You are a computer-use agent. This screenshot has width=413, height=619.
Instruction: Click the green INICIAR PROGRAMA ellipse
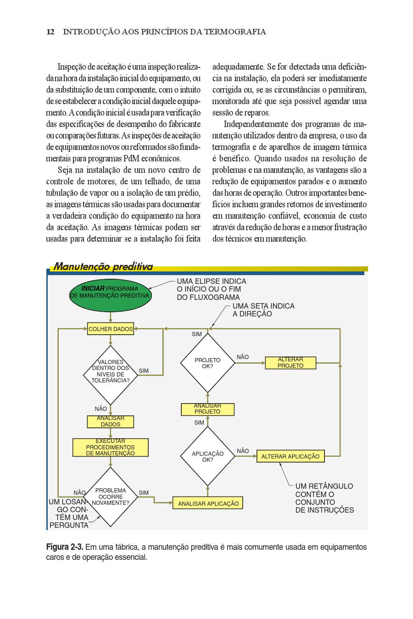[111, 293]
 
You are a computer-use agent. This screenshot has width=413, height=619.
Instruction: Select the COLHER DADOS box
[111, 329]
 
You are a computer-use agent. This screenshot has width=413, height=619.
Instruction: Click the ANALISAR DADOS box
[111, 421]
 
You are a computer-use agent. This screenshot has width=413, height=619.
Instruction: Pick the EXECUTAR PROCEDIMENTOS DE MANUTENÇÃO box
[111, 448]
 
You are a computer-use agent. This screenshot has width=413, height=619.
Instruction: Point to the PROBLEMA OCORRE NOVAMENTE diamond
[111, 497]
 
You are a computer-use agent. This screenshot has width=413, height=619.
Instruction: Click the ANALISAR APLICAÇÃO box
[208, 503]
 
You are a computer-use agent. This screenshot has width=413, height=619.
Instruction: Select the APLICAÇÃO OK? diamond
[208, 456]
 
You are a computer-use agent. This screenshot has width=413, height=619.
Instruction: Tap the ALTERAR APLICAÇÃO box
[290, 456]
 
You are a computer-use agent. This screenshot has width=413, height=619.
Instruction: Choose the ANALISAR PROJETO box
[208, 409]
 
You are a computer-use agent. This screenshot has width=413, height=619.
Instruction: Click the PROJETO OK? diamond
[208, 363]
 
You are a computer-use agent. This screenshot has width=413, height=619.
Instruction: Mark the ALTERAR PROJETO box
[290, 363]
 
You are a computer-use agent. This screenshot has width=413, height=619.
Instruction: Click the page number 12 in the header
[50, 32]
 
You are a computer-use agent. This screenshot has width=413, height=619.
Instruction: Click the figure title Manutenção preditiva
[103, 267]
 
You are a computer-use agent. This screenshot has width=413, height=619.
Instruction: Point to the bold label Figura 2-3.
[65, 547]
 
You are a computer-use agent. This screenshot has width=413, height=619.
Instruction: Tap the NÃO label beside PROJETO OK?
[243, 357]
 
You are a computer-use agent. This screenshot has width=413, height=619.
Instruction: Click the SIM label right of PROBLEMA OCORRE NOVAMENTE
[144, 492]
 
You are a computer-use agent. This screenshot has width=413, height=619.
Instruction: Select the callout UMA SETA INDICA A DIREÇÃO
[263, 310]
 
